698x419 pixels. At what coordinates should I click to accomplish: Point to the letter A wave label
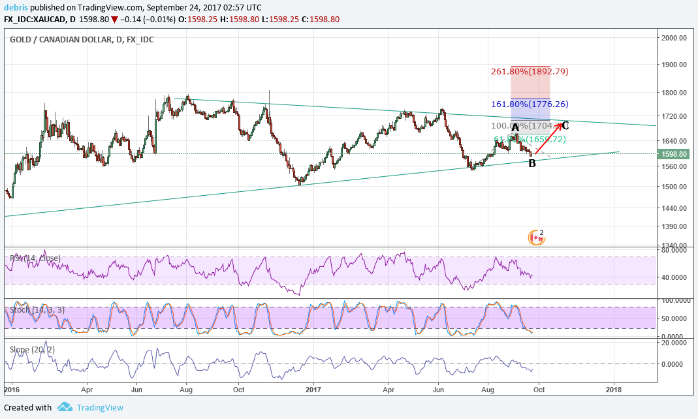pos(515,128)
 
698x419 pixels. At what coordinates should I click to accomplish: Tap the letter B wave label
pos(532,163)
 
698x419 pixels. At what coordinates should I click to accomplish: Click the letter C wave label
pos(565,125)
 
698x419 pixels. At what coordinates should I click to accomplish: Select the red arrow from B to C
pos(548,138)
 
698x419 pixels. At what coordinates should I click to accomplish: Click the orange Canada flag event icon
pos(537,238)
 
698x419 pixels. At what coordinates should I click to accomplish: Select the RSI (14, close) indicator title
pos(35,258)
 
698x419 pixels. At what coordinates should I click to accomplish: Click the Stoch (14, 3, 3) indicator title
pos(37,309)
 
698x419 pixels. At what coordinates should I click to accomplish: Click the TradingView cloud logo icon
pos(64,407)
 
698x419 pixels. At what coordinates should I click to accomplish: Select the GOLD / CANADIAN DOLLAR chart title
pos(82,40)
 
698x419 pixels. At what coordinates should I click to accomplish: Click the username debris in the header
pos(17,8)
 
